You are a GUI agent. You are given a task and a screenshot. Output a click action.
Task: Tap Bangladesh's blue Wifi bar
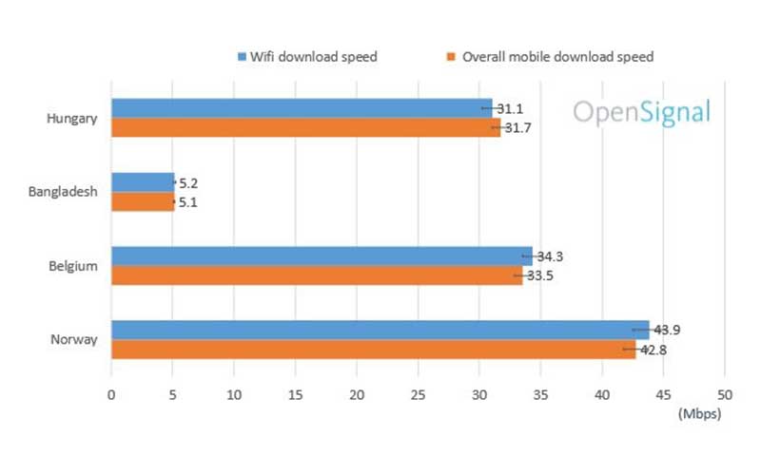[143, 181]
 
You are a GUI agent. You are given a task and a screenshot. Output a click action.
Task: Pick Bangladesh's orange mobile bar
[143, 201]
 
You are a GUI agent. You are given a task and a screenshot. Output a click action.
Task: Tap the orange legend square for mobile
[450, 57]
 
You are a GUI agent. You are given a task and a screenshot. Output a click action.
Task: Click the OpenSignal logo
[641, 112]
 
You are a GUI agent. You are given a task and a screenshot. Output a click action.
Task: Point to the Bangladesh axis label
[64, 192]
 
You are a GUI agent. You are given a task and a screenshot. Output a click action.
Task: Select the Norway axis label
[74, 340]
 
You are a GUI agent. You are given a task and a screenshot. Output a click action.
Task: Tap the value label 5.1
[188, 201]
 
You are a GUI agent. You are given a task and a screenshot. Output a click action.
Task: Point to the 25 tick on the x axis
[418, 394]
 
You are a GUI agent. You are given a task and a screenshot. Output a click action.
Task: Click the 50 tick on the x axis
[724, 394]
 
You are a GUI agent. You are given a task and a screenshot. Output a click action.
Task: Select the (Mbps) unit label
[699, 414]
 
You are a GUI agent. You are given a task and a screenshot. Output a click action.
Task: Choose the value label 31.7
[518, 128]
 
